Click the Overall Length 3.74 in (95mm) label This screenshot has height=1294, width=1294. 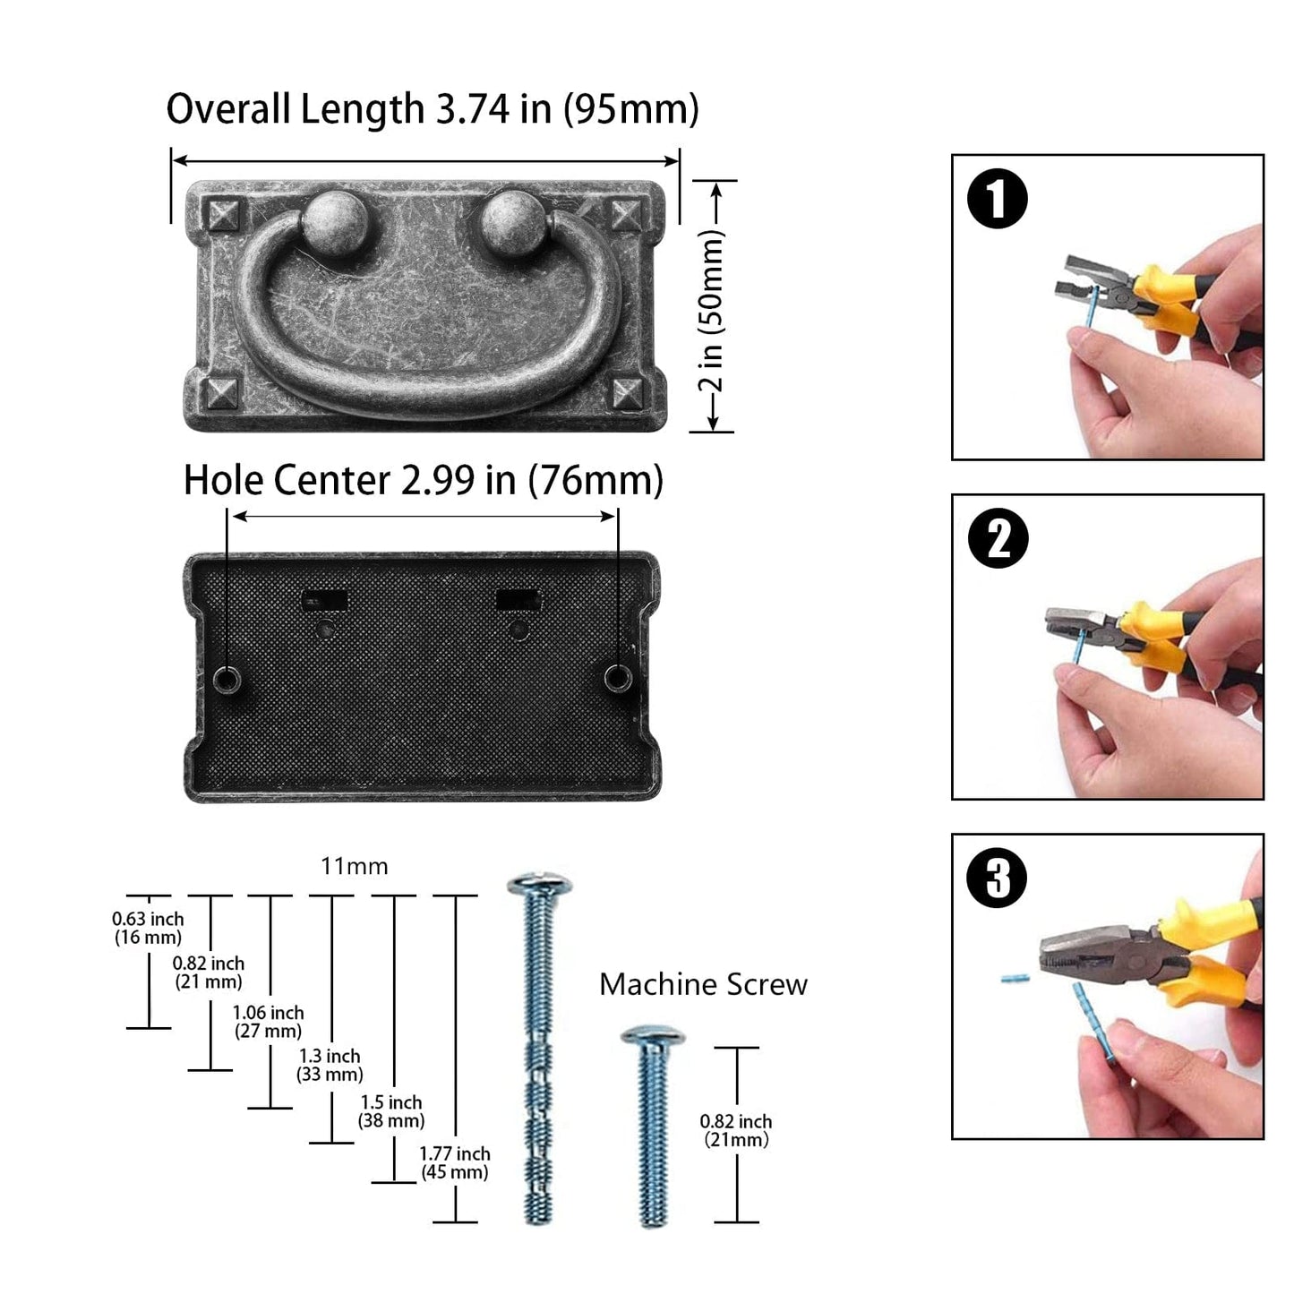pyautogui.click(x=433, y=108)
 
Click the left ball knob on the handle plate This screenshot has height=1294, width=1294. pyautogui.click(x=334, y=222)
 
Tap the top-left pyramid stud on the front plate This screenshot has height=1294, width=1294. pyautogui.click(x=222, y=216)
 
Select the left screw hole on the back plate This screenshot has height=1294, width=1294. pyautogui.click(x=227, y=680)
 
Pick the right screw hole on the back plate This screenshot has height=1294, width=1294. pyautogui.click(x=617, y=678)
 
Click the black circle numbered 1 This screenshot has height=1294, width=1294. pyautogui.click(x=998, y=199)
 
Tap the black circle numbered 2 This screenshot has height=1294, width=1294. pyautogui.click(x=998, y=538)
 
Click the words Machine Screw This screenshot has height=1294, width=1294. pyautogui.click(x=703, y=985)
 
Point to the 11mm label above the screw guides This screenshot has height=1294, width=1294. pyautogui.click(x=354, y=867)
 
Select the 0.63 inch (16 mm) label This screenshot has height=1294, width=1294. pyautogui.click(x=148, y=928)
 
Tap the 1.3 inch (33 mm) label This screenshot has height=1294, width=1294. pyautogui.click(x=329, y=1066)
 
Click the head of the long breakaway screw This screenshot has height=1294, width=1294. pyautogui.click(x=539, y=885)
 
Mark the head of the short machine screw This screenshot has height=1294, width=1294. pyautogui.click(x=653, y=1035)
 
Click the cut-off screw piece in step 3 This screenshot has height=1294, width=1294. pyautogui.click(x=1015, y=979)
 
